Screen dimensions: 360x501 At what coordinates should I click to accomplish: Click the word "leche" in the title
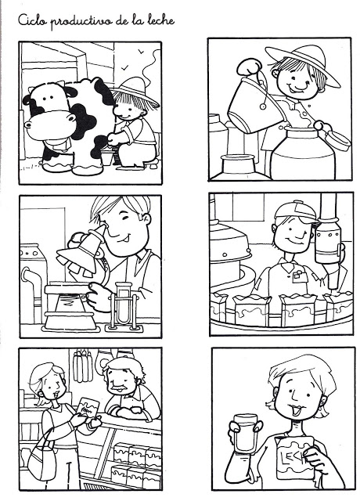tap(161, 20)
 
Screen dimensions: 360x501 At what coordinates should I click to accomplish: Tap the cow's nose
tap(47, 122)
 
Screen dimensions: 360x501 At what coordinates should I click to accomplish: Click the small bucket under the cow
tap(107, 157)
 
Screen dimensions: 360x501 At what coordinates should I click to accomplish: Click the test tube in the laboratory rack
tap(124, 304)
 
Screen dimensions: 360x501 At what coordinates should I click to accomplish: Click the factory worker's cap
tap(297, 211)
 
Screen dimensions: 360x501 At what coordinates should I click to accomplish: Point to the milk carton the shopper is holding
tap(88, 407)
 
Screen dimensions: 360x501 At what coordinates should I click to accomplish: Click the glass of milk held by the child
tap(246, 433)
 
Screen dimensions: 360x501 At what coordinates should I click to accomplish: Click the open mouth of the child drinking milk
tap(297, 410)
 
